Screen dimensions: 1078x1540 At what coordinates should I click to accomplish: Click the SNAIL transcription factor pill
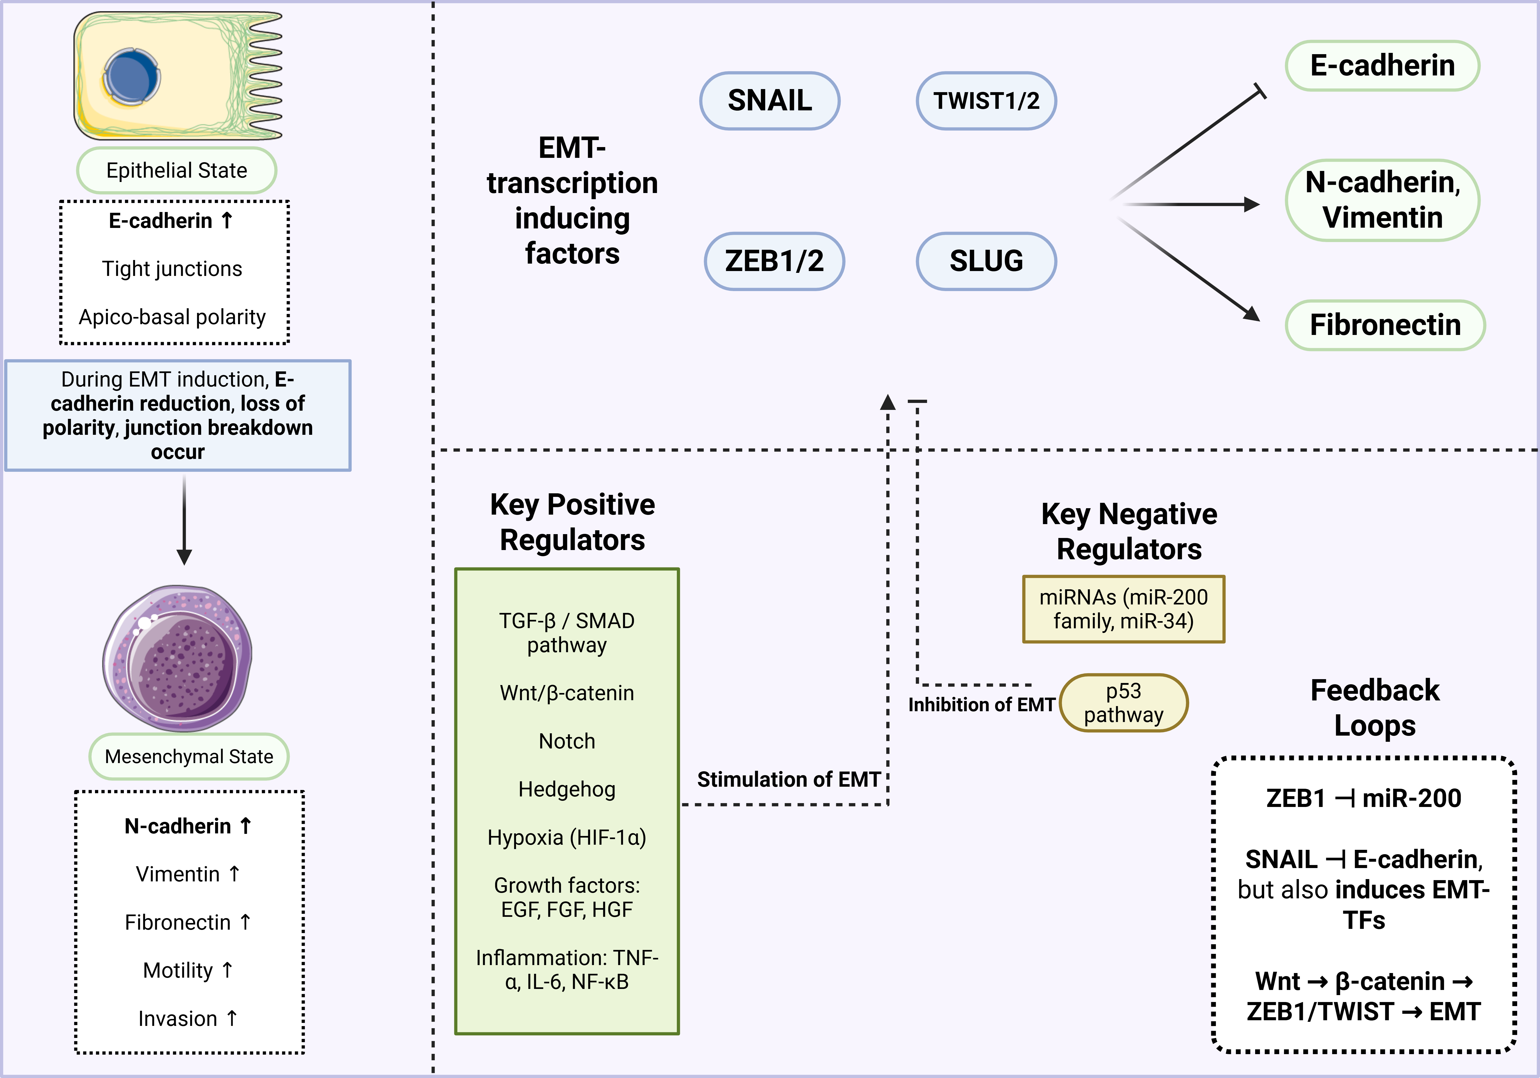tap(769, 101)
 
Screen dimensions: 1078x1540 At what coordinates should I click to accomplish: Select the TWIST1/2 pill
tap(986, 101)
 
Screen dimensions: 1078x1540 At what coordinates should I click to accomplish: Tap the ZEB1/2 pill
tap(774, 261)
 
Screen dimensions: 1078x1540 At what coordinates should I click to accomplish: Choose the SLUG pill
tap(986, 261)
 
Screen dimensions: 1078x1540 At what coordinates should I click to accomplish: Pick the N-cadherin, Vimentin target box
tap(1382, 200)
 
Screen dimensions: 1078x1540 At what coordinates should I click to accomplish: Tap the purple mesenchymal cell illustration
tap(178, 657)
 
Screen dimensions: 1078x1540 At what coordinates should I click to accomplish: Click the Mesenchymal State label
tap(189, 757)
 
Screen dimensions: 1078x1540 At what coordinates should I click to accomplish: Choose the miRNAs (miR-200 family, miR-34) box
tap(1123, 609)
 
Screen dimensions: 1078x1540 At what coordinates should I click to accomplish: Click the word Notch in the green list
tap(567, 741)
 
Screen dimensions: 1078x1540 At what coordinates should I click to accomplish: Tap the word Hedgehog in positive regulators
tap(567, 790)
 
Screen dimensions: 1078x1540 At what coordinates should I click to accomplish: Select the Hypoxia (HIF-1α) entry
tap(567, 838)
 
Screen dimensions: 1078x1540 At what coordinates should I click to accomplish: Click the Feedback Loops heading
tap(1375, 708)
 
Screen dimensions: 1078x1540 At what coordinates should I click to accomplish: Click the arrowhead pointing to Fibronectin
tap(1252, 314)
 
